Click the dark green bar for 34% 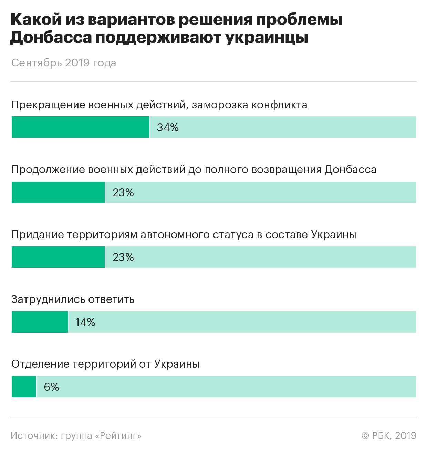click(x=81, y=127)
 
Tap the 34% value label click(x=168, y=127)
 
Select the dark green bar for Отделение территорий click(x=24, y=387)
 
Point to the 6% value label click(x=52, y=387)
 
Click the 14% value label click(x=85, y=322)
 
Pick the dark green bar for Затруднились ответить click(x=40, y=322)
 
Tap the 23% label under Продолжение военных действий click(x=123, y=192)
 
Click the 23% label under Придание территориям click(x=123, y=257)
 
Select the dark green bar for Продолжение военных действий click(x=58, y=192)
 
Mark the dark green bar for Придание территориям click(x=58, y=257)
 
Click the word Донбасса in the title click(x=51, y=38)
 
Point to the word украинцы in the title click(x=267, y=38)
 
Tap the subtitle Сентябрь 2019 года click(x=64, y=63)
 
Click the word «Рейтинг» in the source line click(x=118, y=436)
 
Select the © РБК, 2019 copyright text click(x=389, y=436)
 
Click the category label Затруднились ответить click(x=73, y=299)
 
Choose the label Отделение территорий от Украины click(x=105, y=364)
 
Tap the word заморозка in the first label click(x=219, y=105)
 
